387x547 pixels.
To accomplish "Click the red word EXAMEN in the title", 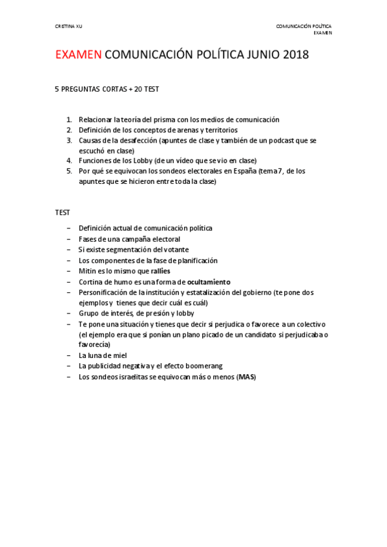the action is click(x=78, y=55).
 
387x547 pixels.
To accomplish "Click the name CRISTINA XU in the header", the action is click(x=68, y=26).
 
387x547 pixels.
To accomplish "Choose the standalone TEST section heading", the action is click(x=63, y=212).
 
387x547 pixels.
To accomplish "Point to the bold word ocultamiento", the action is click(x=209, y=282).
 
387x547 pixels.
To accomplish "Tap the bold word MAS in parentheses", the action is click(x=246, y=377).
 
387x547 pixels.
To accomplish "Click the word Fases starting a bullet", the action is click(x=88, y=239).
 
